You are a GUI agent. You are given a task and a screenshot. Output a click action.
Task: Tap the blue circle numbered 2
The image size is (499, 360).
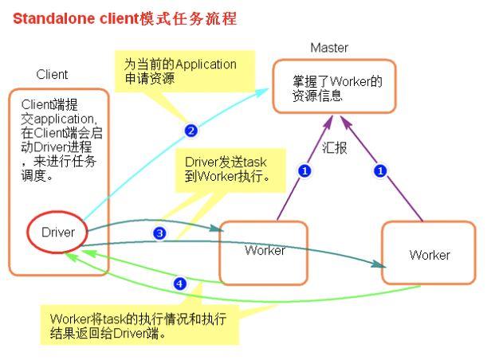click(x=191, y=131)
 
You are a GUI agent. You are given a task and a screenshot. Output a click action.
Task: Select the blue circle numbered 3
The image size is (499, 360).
click(x=159, y=233)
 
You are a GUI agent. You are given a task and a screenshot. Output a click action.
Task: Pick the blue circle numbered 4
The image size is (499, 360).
click(x=180, y=283)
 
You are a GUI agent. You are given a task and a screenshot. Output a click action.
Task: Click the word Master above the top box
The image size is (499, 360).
click(x=329, y=48)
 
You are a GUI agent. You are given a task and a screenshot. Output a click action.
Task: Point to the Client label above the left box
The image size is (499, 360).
click(x=52, y=75)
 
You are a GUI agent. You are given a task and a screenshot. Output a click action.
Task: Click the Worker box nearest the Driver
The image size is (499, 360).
click(x=264, y=251)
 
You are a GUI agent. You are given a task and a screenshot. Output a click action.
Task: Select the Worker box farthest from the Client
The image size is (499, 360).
click(x=429, y=254)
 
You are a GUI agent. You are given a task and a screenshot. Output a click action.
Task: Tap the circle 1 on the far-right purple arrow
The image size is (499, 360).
click(x=381, y=170)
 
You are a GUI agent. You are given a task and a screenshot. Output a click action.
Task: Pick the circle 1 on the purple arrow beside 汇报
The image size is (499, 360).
click(x=304, y=170)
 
